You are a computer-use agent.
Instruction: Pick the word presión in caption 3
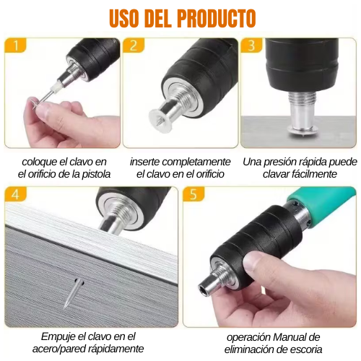click(282, 161)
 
